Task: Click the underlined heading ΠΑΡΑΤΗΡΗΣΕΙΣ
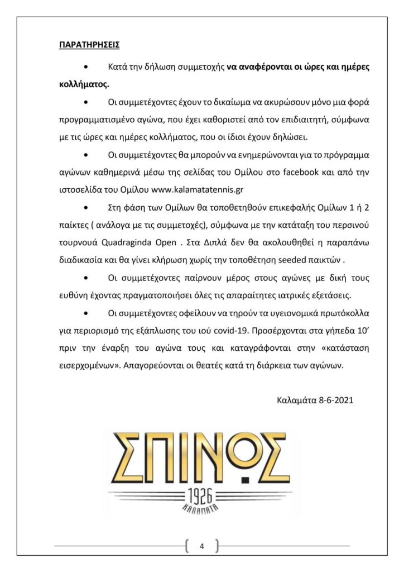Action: (89, 44)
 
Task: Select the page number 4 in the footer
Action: (201, 546)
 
